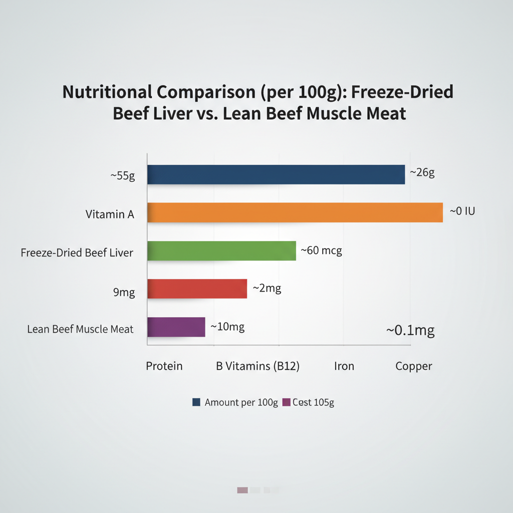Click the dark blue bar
tap(276, 174)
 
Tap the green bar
tap(221, 250)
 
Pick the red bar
tap(197, 289)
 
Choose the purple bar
tap(176, 327)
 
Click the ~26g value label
tap(422, 173)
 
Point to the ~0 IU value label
tap(461, 211)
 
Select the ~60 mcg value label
tap(321, 250)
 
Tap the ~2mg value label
tap(267, 288)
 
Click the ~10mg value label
tap(227, 327)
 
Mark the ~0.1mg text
tap(410, 331)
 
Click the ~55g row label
tap(123, 176)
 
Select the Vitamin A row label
tap(110, 214)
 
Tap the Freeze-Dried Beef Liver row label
tap(77, 252)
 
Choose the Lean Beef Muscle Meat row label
tap(80, 329)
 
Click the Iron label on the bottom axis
tap(344, 366)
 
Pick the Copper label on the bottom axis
tap(413, 366)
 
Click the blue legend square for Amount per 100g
tap(196, 402)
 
